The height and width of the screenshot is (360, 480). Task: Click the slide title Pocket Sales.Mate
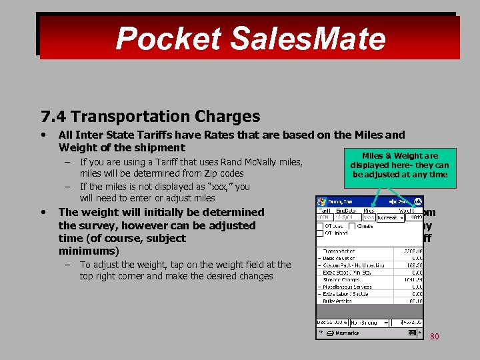250,39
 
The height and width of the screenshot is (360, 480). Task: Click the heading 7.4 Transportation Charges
151,117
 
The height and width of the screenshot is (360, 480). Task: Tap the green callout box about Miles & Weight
399,165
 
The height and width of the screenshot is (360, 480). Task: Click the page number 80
434,337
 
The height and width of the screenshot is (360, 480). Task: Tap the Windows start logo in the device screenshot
321,201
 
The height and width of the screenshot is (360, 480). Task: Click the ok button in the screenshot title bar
417,201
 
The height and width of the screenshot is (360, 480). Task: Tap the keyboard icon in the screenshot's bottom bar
413,332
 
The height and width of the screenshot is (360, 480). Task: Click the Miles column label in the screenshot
369,210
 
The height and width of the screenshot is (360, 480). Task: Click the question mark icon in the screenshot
321,333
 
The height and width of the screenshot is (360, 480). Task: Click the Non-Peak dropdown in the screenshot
388,217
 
